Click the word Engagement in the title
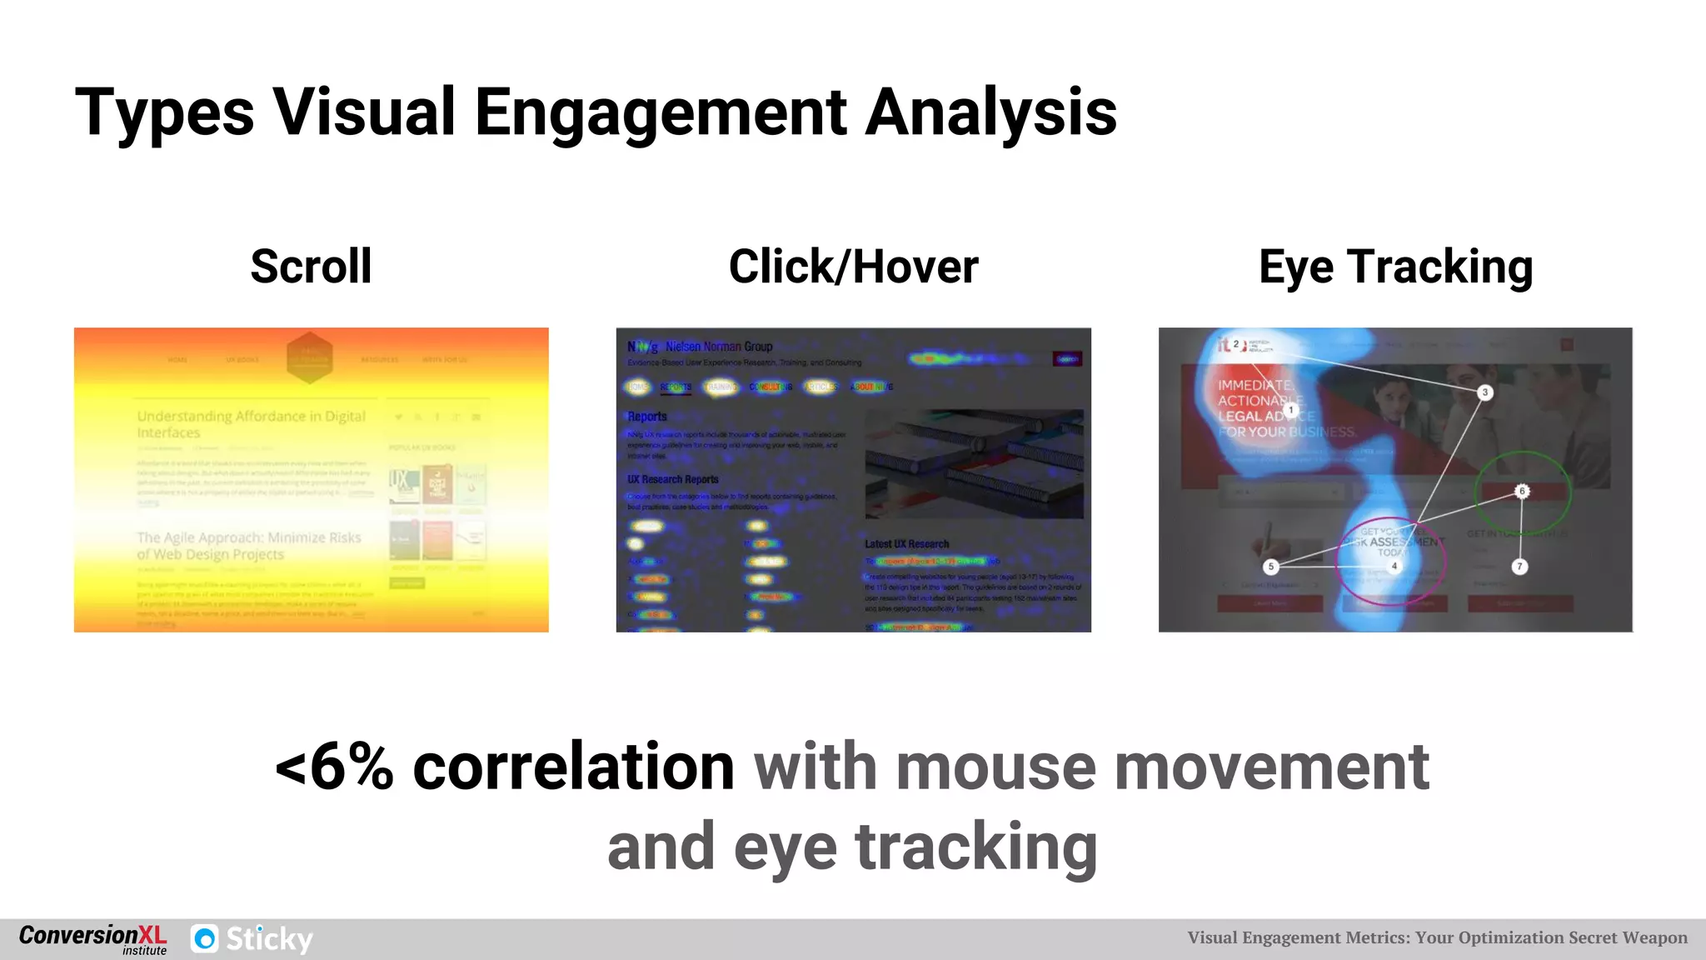(660, 113)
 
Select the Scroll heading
(311, 267)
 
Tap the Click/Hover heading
(853, 267)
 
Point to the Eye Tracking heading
(1395, 267)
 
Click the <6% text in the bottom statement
(334, 767)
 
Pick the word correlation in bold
(573, 767)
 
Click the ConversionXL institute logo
(92, 939)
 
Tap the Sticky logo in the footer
(252, 939)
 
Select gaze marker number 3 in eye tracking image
(1484, 392)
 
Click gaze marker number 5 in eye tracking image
(1270, 567)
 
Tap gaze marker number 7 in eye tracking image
(1519, 567)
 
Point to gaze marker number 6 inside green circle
(1522, 491)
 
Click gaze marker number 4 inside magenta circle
(1394, 566)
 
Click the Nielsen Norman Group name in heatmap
(719, 347)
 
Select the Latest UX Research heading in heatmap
(906, 544)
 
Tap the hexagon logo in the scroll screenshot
(310, 358)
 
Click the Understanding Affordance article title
(251, 423)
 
